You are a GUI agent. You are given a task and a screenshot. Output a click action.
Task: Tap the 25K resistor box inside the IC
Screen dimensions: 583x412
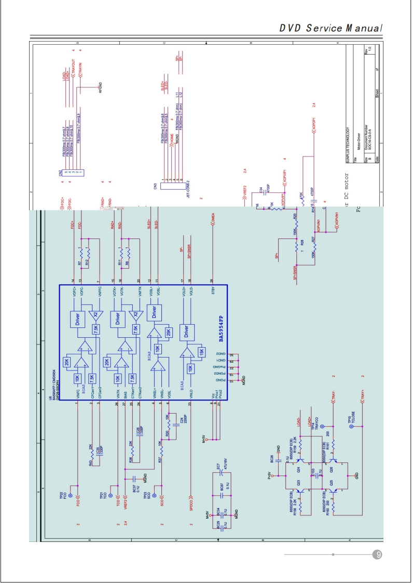coord(168,332)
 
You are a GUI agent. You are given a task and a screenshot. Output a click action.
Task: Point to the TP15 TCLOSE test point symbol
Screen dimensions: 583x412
coord(350,426)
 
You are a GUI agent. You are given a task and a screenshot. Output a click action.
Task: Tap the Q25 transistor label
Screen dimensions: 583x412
coord(331,483)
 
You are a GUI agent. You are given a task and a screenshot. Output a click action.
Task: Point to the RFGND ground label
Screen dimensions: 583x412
coord(100,87)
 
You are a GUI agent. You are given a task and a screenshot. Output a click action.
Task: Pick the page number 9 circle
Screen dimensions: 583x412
coord(378,554)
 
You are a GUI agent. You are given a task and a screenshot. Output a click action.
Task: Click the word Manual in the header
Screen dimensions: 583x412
coord(360,28)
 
